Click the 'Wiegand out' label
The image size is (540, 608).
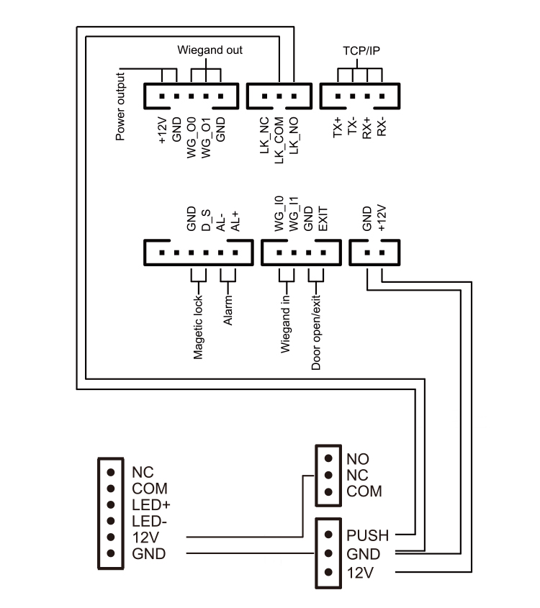pyautogui.click(x=210, y=50)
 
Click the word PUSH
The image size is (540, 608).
pyautogui.click(x=367, y=535)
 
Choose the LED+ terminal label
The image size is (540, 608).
pyautogui.click(x=150, y=504)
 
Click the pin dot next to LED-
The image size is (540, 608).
pyautogui.click(x=110, y=520)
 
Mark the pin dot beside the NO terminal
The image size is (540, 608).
pyautogui.click(x=328, y=458)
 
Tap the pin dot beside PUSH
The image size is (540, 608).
pyautogui.click(x=328, y=535)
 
